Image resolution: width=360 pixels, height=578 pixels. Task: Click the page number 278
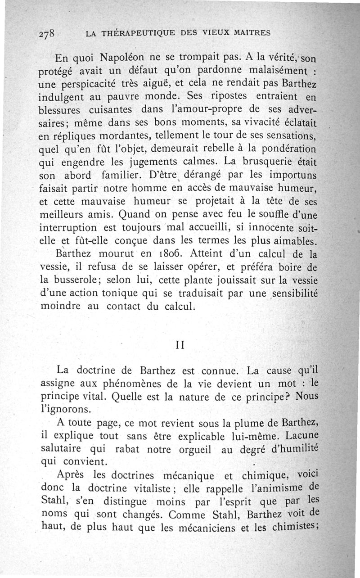pyautogui.click(x=45, y=33)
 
